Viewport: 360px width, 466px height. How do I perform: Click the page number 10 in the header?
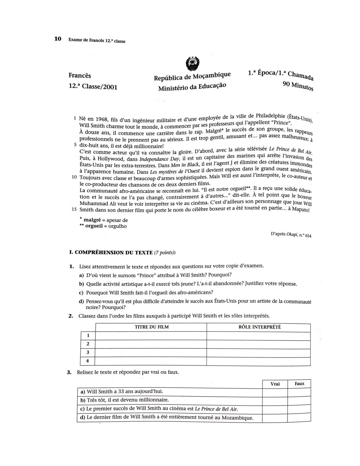click(58, 39)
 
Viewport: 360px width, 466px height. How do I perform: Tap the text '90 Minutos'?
click(298, 86)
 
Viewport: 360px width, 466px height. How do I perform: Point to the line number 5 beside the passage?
click(75, 145)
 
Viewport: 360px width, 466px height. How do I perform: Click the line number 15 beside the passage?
click(74, 210)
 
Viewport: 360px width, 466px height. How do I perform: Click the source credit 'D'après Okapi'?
click(291, 236)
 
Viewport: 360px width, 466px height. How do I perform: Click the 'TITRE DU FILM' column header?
click(152, 327)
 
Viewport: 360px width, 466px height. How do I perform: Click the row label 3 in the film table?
click(88, 352)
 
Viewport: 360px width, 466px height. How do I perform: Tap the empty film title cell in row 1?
click(151, 336)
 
